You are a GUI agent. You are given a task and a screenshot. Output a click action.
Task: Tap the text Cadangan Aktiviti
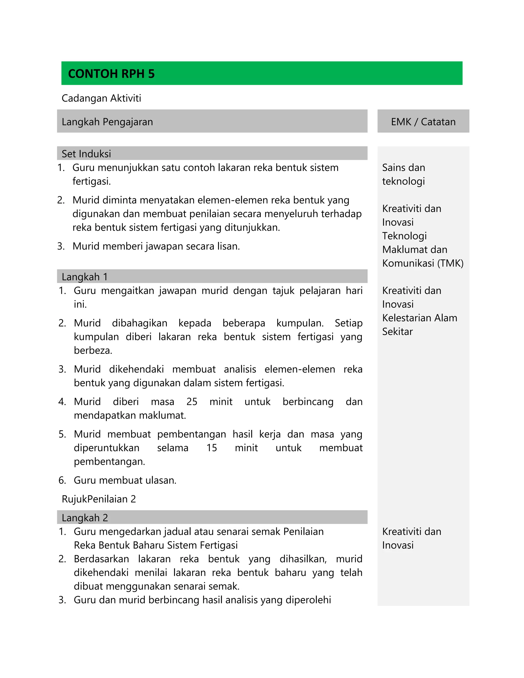pos(101,99)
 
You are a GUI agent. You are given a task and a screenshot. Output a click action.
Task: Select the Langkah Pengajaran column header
pos(107,122)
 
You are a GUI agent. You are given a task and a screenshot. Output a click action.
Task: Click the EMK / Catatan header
pos(423,122)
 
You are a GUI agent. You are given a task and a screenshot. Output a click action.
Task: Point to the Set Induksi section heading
pos(86,154)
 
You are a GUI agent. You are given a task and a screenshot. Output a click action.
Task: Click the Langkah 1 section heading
pos(84,277)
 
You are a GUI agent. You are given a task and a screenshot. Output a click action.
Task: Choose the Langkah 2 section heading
pos(85,518)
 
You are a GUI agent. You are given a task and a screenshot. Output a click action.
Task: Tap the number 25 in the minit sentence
pos(192,402)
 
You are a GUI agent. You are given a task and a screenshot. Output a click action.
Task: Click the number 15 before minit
pos(211,448)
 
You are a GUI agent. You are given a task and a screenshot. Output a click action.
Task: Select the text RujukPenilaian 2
pos(99,499)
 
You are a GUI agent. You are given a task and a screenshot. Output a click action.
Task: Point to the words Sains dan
pos(403,168)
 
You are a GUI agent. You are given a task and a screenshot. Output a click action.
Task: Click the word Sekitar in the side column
pos(397,332)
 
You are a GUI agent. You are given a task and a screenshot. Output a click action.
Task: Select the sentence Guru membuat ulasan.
pos(125,480)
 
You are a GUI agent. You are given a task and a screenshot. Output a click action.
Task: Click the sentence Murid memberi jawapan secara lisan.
pos(156,246)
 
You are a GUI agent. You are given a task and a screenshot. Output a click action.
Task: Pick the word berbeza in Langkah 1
pos(93,351)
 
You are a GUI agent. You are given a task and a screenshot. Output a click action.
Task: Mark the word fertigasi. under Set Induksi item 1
pos(92,181)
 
